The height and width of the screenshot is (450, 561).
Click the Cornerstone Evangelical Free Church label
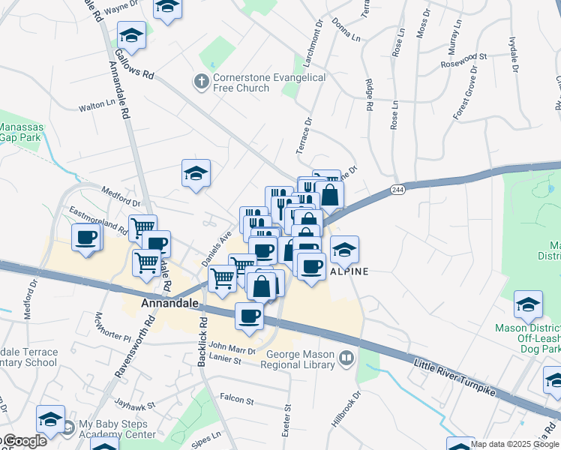pyautogui.click(x=269, y=82)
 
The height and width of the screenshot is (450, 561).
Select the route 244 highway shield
pyautogui.click(x=397, y=191)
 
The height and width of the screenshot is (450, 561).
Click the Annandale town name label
pyautogui.click(x=169, y=304)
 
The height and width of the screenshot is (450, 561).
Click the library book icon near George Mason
pyautogui.click(x=346, y=358)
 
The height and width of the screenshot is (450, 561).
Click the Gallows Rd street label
pyautogui.click(x=134, y=64)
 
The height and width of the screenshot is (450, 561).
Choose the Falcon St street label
pyautogui.click(x=238, y=397)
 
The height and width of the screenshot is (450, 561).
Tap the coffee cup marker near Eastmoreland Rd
pyautogui.click(x=85, y=239)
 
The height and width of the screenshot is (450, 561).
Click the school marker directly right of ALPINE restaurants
pyautogui.click(x=345, y=250)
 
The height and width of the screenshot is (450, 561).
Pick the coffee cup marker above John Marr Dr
pyautogui.click(x=249, y=316)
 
